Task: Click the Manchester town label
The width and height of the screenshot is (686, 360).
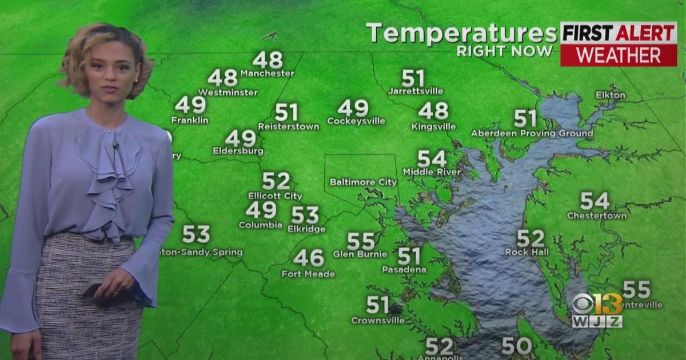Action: [x=267, y=73]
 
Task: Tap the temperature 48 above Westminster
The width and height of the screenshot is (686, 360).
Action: [x=222, y=78]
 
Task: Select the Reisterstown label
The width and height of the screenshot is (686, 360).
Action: [x=288, y=126]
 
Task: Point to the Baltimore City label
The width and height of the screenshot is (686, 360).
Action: [x=363, y=182]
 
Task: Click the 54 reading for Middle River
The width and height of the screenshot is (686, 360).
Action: [x=432, y=159]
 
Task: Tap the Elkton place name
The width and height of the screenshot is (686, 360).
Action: [x=610, y=95]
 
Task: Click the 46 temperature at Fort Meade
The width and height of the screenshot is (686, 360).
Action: [x=308, y=258]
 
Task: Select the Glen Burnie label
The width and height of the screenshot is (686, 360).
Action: [x=360, y=254]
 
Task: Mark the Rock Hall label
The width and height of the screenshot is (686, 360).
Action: [x=527, y=252]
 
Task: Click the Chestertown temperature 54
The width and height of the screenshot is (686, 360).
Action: [x=595, y=201]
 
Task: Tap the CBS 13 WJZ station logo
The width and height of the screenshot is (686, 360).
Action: [x=597, y=310]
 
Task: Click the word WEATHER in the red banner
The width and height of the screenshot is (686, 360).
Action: [x=618, y=55]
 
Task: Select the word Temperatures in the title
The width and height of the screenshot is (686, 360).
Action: [x=461, y=33]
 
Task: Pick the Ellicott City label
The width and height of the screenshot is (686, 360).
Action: [x=275, y=196]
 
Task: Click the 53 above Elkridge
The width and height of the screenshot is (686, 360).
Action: [x=305, y=215]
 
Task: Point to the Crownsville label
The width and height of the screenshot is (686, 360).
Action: [x=377, y=321]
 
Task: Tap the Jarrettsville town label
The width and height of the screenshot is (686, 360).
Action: [x=415, y=91]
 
